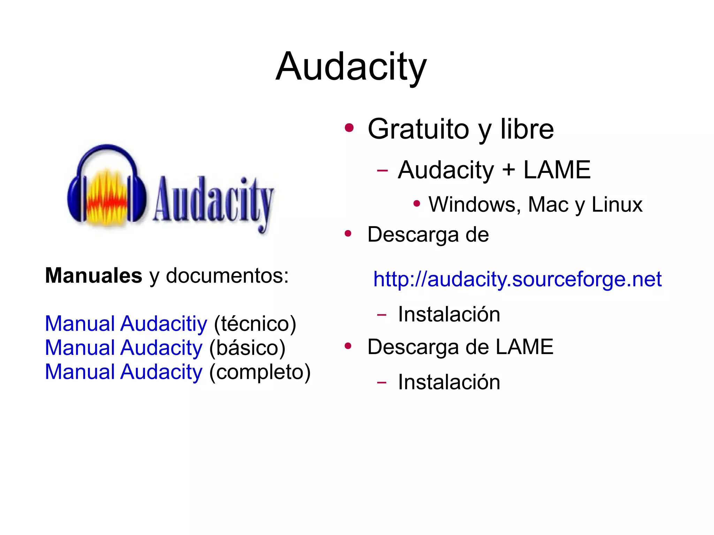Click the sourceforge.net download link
517,279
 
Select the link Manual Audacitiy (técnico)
126,323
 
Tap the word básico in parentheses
248,348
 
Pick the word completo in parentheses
260,372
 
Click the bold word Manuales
93,275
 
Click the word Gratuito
418,129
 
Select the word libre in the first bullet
527,129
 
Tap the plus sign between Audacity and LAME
509,170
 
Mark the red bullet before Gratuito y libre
349,128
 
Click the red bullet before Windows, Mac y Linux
416,203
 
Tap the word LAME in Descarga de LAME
524,347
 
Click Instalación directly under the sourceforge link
449,314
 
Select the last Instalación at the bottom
449,382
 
